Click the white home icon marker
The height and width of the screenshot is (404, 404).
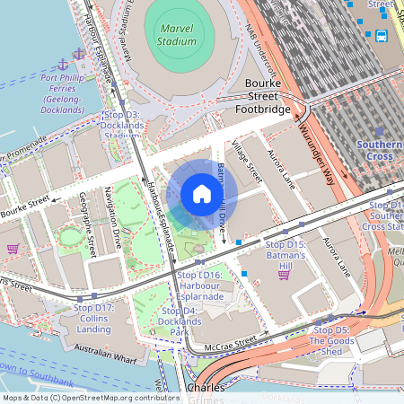[x=202, y=194]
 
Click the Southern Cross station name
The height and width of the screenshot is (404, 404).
[x=379, y=150]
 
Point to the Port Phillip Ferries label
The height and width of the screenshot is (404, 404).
[x=75, y=93]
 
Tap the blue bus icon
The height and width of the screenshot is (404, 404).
[x=382, y=37]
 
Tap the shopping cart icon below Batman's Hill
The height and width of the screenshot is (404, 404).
[x=284, y=275]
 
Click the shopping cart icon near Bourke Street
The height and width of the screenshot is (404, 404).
[x=13, y=249]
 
